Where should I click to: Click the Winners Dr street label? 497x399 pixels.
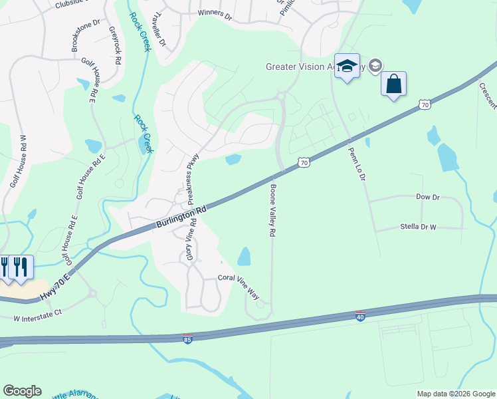(x=214, y=13)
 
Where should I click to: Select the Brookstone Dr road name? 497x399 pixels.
(x=85, y=35)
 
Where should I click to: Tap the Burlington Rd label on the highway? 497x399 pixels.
(x=181, y=217)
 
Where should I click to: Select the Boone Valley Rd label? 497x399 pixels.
(x=272, y=211)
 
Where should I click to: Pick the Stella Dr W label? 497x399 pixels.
(x=418, y=227)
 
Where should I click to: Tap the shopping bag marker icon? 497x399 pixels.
(x=393, y=84)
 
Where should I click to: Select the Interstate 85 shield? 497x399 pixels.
(x=189, y=339)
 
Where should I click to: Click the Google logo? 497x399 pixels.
(x=23, y=391)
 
